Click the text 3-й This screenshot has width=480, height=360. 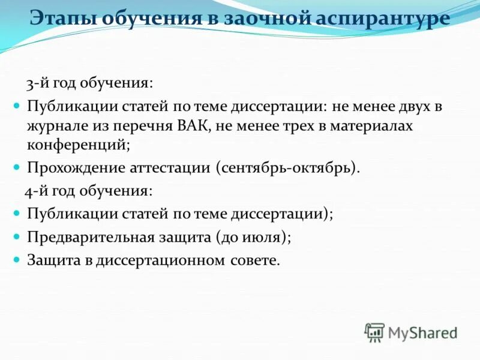pyautogui.click(x=35, y=83)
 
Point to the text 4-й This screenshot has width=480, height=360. pyautogui.click(x=35, y=191)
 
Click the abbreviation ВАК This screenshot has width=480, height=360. pyautogui.click(x=194, y=127)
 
